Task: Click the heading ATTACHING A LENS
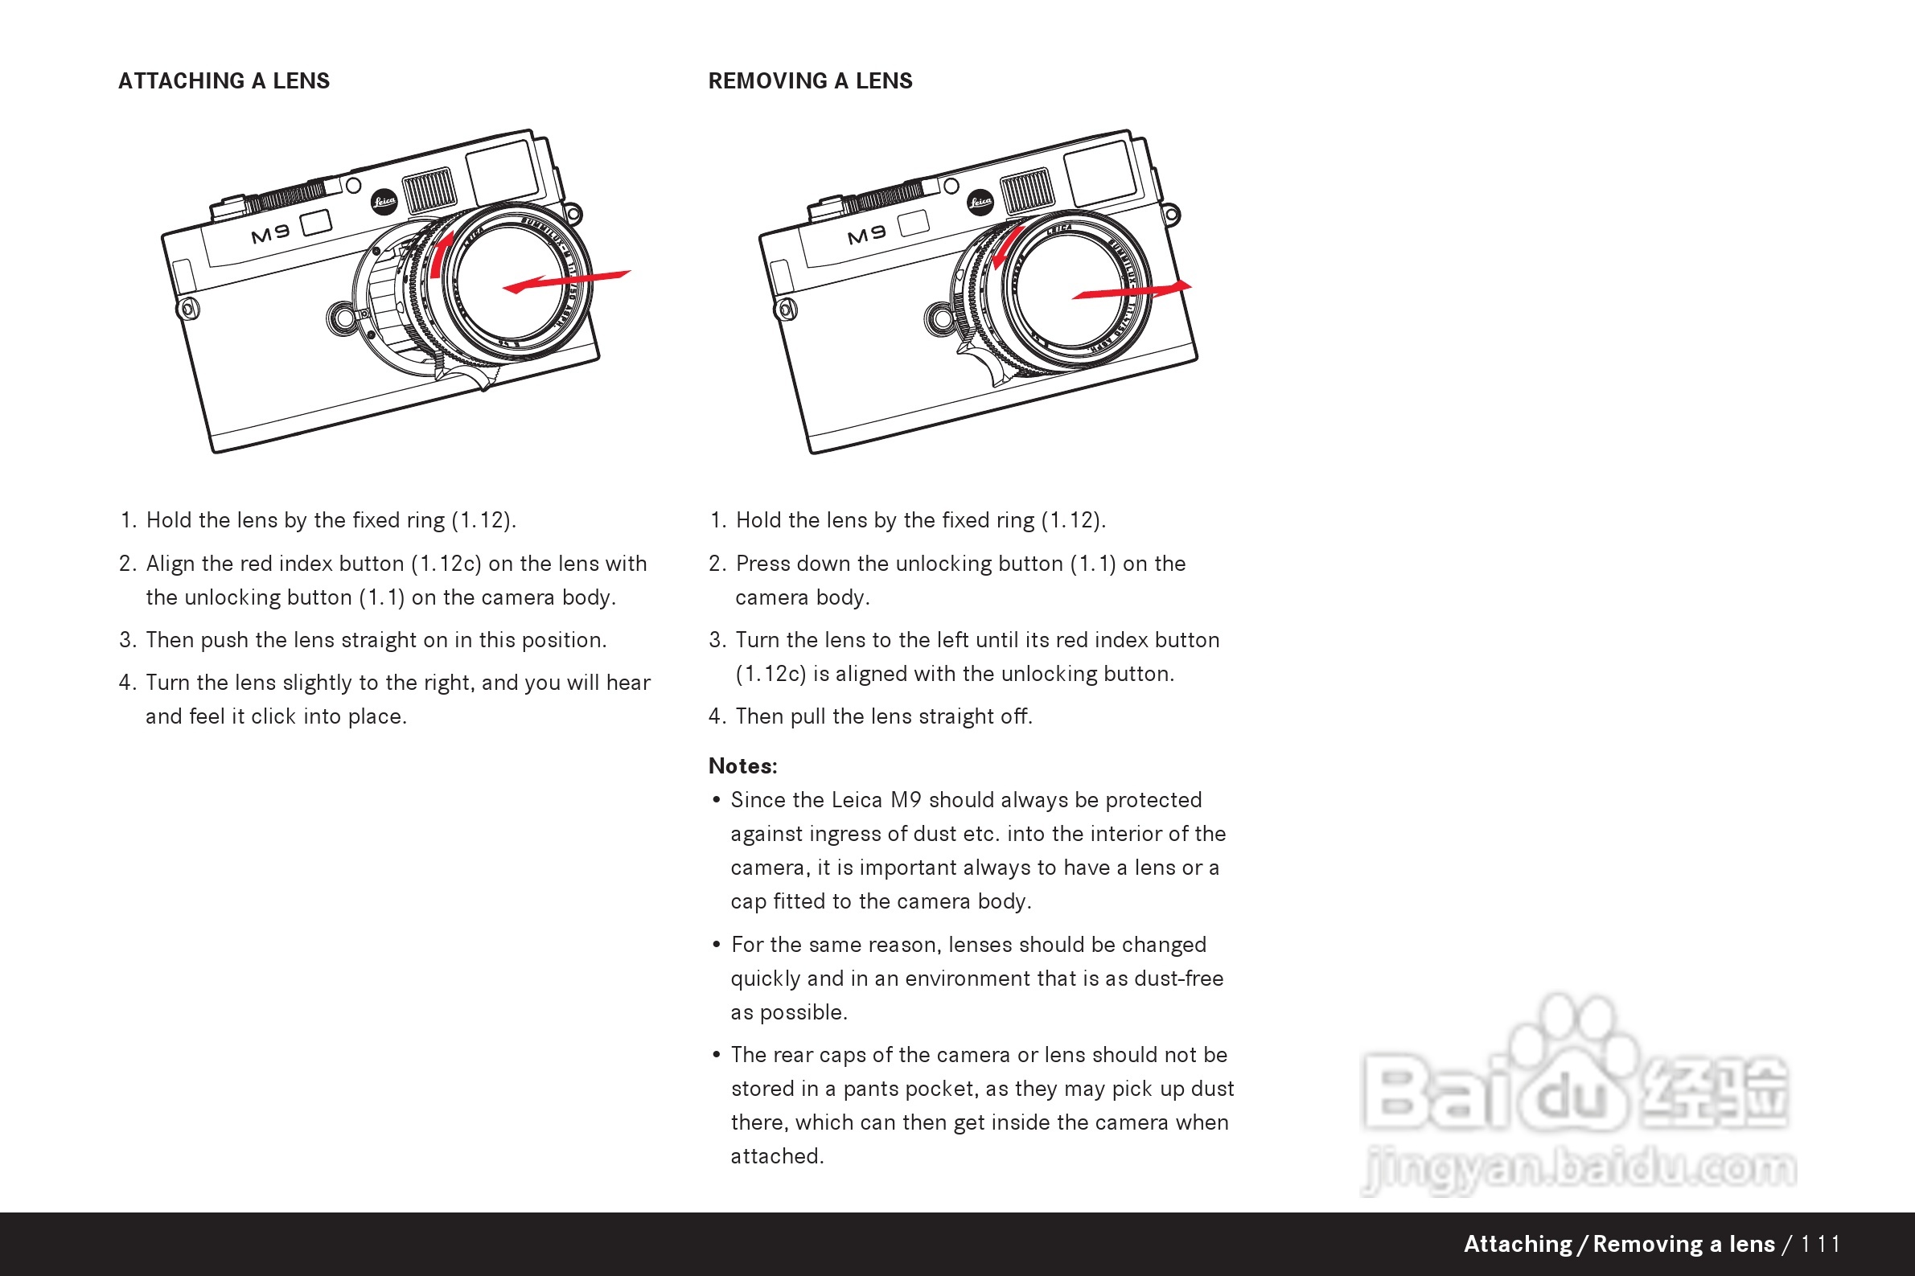(x=224, y=80)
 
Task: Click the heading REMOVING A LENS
(x=810, y=80)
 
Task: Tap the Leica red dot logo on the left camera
(x=384, y=201)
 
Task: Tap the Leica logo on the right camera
(x=980, y=201)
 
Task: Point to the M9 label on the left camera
(x=270, y=234)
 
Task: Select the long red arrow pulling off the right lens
(x=1132, y=289)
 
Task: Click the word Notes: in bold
(x=742, y=765)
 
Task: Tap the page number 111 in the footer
(x=1820, y=1244)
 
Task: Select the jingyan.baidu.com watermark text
(x=1579, y=1168)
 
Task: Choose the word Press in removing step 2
(x=762, y=563)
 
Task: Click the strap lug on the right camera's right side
(x=1171, y=215)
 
